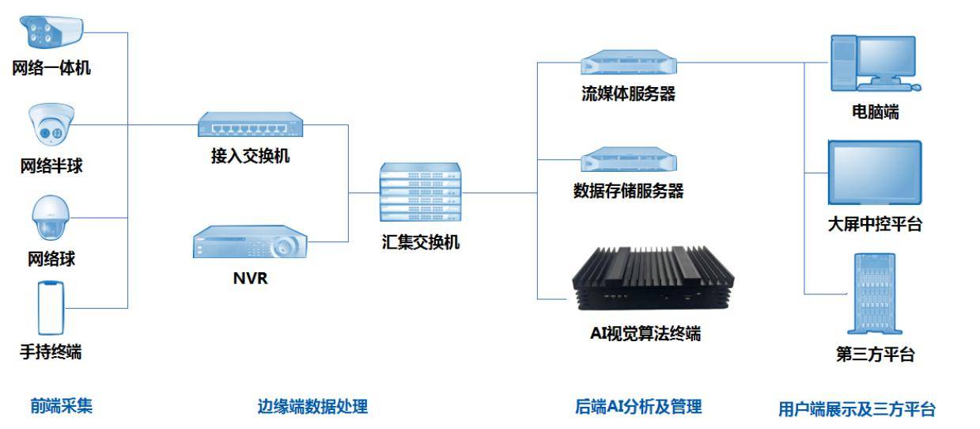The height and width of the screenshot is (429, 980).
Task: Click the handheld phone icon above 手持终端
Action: pos(50,308)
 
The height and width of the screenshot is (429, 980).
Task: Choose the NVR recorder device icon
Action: pos(250,242)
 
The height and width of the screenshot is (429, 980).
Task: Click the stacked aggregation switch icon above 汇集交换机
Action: pos(420,192)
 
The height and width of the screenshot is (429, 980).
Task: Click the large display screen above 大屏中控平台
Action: pos(874,174)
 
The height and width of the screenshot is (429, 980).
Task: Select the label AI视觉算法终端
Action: pos(645,333)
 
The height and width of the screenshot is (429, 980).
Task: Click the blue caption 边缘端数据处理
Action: pos(312,407)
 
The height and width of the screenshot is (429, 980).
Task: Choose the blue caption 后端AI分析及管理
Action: pos(638,407)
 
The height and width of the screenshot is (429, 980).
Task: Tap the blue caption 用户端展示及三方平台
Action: pos(857,409)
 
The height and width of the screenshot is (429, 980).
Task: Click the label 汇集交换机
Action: pos(420,242)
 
